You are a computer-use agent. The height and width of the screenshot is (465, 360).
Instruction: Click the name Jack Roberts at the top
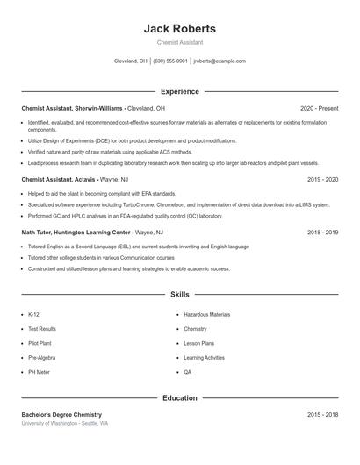[x=179, y=29]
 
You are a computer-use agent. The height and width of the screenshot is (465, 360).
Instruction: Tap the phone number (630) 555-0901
[x=170, y=61]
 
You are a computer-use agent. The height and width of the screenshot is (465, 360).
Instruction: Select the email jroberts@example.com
[x=220, y=61]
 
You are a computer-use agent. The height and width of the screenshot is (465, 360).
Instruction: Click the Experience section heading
[x=179, y=91]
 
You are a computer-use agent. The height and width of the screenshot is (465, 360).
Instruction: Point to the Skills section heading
[x=179, y=295]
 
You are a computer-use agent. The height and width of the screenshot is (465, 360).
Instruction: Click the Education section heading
[x=179, y=398]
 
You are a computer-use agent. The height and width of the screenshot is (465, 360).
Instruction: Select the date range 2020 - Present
[x=319, y=108]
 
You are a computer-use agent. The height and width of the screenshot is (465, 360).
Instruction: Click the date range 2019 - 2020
[x=322, y=179]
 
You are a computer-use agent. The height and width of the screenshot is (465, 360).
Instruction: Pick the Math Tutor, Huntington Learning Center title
[x=76, y=232]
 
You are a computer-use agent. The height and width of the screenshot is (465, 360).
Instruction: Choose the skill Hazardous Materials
[x=206, y=314]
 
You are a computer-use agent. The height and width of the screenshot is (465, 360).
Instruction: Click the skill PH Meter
[x=39, y=372]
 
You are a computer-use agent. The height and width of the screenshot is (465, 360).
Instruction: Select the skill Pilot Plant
[x=40, y=343]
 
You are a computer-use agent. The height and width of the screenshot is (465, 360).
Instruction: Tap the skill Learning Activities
[x=204, y=358]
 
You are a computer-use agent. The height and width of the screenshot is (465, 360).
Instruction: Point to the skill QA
[x=187, y=372]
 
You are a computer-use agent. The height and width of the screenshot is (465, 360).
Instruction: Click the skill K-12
[x=33, y=314]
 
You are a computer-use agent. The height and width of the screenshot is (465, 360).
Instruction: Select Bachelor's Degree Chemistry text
[x=61, y=414]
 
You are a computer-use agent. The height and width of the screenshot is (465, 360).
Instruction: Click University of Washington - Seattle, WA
[x=65, y=423]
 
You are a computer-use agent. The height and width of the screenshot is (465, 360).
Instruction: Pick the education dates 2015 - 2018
[x=322, y=414]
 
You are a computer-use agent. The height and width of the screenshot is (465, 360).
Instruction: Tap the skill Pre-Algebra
[x=41, y=358]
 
